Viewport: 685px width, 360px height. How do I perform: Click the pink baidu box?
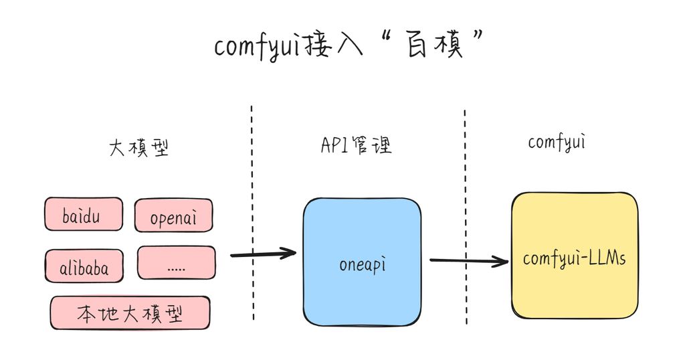point(84,214)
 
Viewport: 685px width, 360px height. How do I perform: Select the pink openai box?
point(174,216)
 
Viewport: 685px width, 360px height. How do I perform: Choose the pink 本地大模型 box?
point(130,313)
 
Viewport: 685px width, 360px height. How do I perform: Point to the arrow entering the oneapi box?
point(263,254)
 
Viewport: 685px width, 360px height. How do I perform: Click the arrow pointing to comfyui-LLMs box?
point(468,260)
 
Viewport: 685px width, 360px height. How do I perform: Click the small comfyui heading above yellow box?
point(557,142)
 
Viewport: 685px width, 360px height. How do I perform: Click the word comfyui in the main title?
point(257,47)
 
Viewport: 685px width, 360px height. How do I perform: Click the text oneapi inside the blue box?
point(362,264)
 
